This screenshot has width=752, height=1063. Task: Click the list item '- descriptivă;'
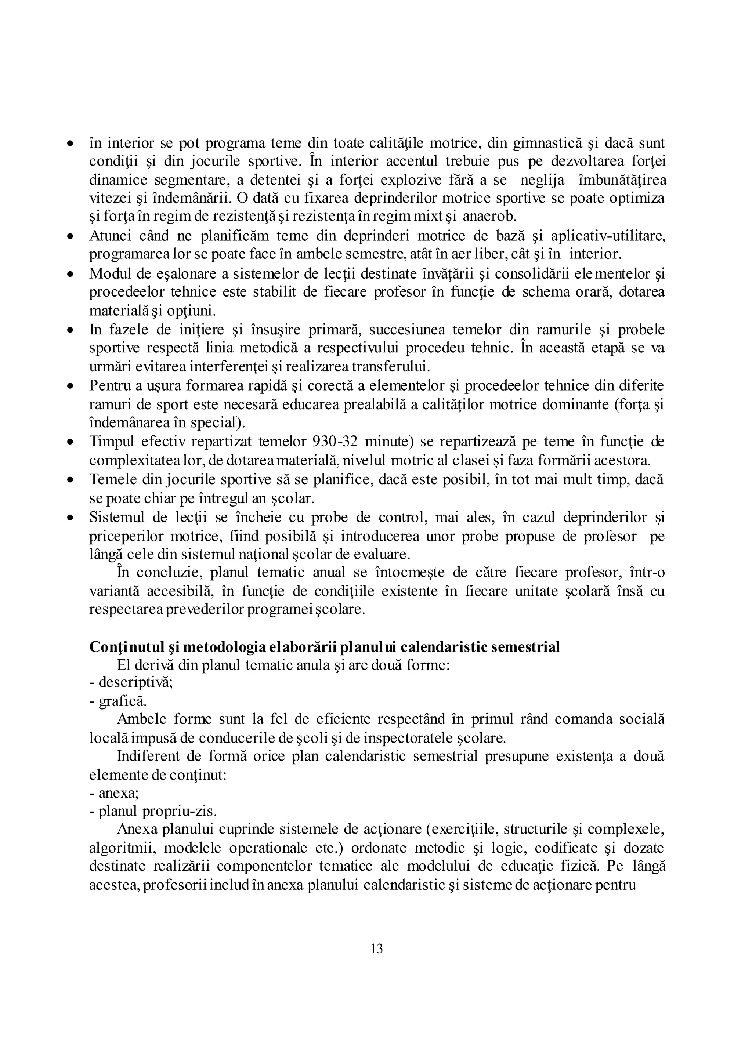pyautogui.click(x=131, y=682)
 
